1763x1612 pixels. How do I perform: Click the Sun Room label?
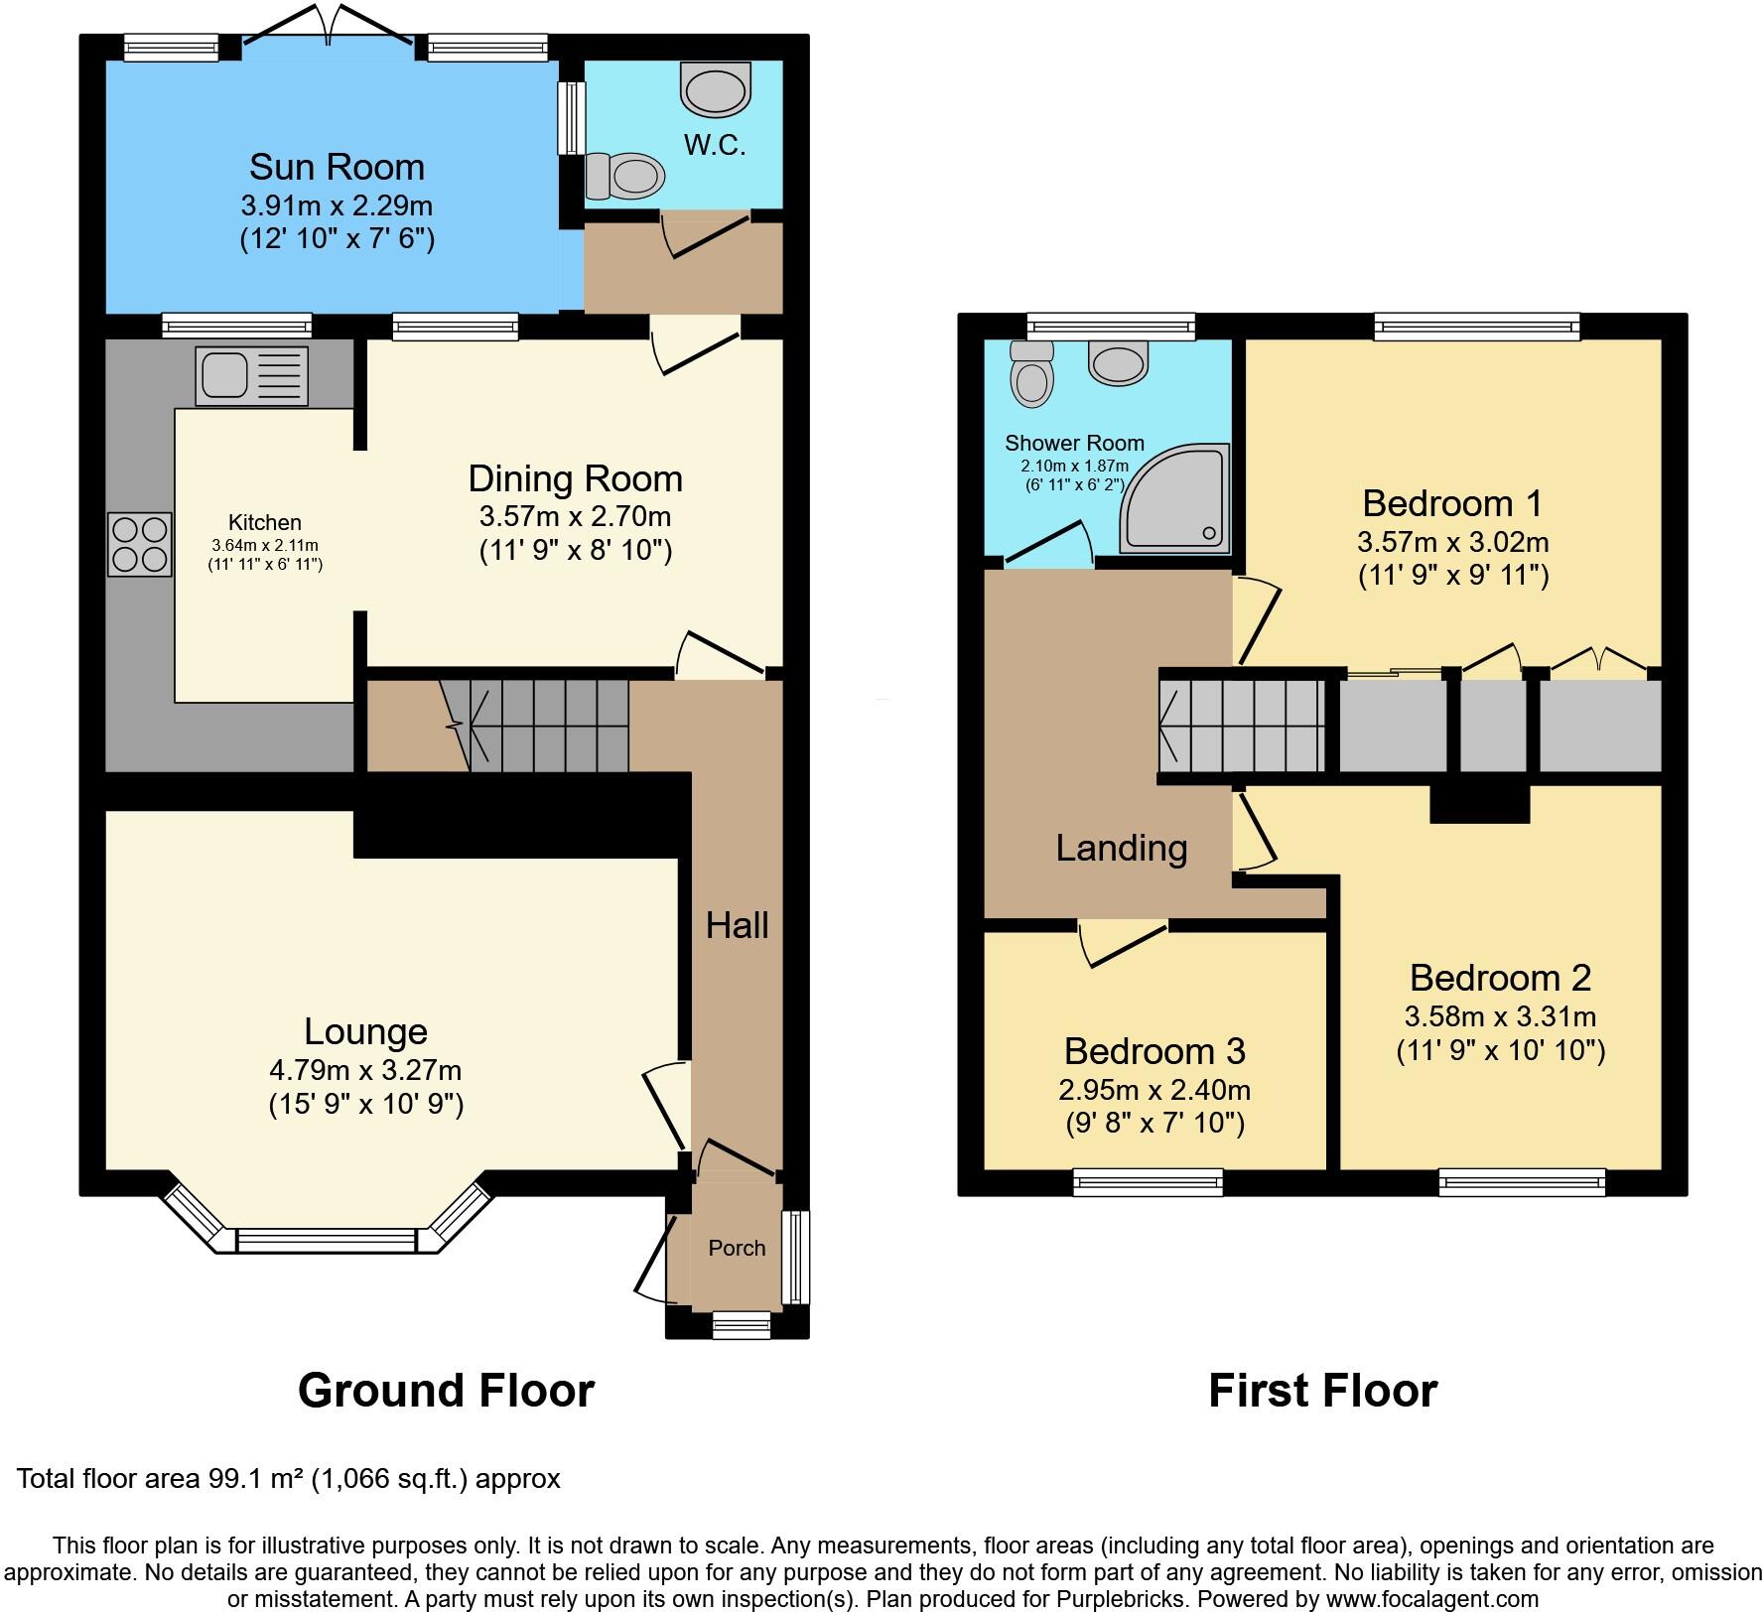click(x=337, y=167)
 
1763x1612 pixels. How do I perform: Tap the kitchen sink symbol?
click(x=252, y=375)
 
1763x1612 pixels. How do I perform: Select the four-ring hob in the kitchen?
click(x=139, y=544)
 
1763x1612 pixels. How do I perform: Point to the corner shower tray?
click(x=1175, y=500)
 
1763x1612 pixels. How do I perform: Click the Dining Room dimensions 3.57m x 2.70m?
click(x=575, y=516)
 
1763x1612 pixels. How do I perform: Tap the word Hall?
click(x=737, y=925)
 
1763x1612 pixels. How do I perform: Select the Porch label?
click(x=737, y=1248)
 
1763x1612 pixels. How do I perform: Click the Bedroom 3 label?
click(x=1153, y=1050)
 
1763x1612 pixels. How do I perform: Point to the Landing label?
click(x=1121, y=848)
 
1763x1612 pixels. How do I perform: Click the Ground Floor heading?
click(x=446, y=1391)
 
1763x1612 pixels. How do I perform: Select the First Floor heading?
click(x=1322, y=1391)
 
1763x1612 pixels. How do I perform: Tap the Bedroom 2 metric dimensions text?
click(x=1500, y=1016)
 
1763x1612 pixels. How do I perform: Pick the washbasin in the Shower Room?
click(x=1119, y=362)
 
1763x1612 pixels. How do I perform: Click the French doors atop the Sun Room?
click(x=328, y=24)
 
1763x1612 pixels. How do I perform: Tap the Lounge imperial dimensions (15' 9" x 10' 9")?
click(x=365, y=1104)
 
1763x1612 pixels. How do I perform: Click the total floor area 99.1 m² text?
click(x=288, y=1479)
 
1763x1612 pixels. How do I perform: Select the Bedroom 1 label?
click(x=1452, y=503)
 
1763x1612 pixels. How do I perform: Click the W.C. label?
click(x=715, y=145)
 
